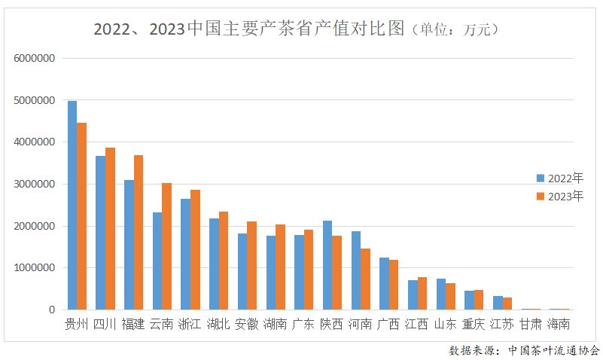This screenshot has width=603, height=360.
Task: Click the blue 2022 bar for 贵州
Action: [x=72, y=205]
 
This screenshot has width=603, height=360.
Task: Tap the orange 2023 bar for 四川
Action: [x=110, y=228]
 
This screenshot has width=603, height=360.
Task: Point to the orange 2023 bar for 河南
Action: [x=365, y=279]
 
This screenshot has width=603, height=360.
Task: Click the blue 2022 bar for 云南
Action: [x=157, y=261]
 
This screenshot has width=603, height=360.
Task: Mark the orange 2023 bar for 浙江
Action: [x=195, y=249]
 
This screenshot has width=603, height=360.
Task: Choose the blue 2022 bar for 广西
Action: [x=384, y=283]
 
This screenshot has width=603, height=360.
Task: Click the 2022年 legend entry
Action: [x=560, y=178]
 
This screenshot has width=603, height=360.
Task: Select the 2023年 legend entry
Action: [x=560, y=197]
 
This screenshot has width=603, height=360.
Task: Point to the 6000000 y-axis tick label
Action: [x=34, y=58]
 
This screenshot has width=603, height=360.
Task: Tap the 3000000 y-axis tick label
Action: [x=34, y=184]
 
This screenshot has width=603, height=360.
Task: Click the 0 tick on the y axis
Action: [x=52, y=310]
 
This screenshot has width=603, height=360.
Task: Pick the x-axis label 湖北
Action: [x=218, y=325]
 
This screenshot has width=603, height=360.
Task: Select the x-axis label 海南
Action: [x=559, y=325]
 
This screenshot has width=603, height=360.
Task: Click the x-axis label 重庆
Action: [x=474, y=325]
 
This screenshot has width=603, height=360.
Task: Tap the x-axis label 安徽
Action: [x=247, y=325]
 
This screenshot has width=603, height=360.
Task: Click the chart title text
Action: [x=248, y=30]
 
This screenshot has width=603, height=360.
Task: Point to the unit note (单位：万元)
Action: [x=452, y=30]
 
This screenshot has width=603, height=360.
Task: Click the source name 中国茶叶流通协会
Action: [x=553, y=350]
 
